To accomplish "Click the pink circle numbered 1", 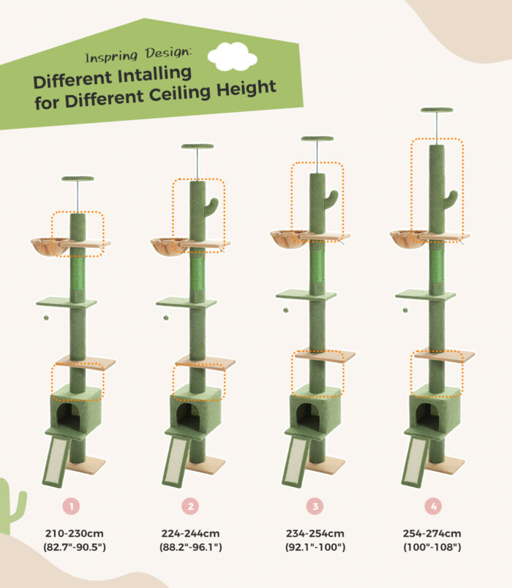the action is pyautogui.click(x=71, y=506).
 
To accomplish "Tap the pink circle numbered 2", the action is pyautogui.click(x=191, y=506).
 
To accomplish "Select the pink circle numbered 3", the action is pyautogui.click(x=315, y=506).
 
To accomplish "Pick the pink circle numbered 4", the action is pyautogui.click(x=433, y=506).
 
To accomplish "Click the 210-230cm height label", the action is pyautogui.click(x=75, y=533).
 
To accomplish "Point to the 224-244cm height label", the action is pyautogui.click(x=191, y=533).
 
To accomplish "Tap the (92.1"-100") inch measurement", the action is pyautogui.click(x=315, y=547).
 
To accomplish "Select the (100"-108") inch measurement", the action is pyautogui.click(x=432, y=547).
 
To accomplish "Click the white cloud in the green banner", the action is pyautogui.click(x=232, y=56).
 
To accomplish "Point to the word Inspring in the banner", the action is pyautogui.click(x=111, y=57).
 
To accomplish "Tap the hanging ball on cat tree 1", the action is pyautogui.click(x=46, y=317).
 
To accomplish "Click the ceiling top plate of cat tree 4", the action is pyautogui.click(x=437, y=110).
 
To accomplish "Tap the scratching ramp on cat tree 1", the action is pyautogui.click(x=56, y=462).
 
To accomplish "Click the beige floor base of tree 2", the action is pyautogui.click(x=206, y=465).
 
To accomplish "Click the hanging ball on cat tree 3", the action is pyautogui.click(x=286, y=310).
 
